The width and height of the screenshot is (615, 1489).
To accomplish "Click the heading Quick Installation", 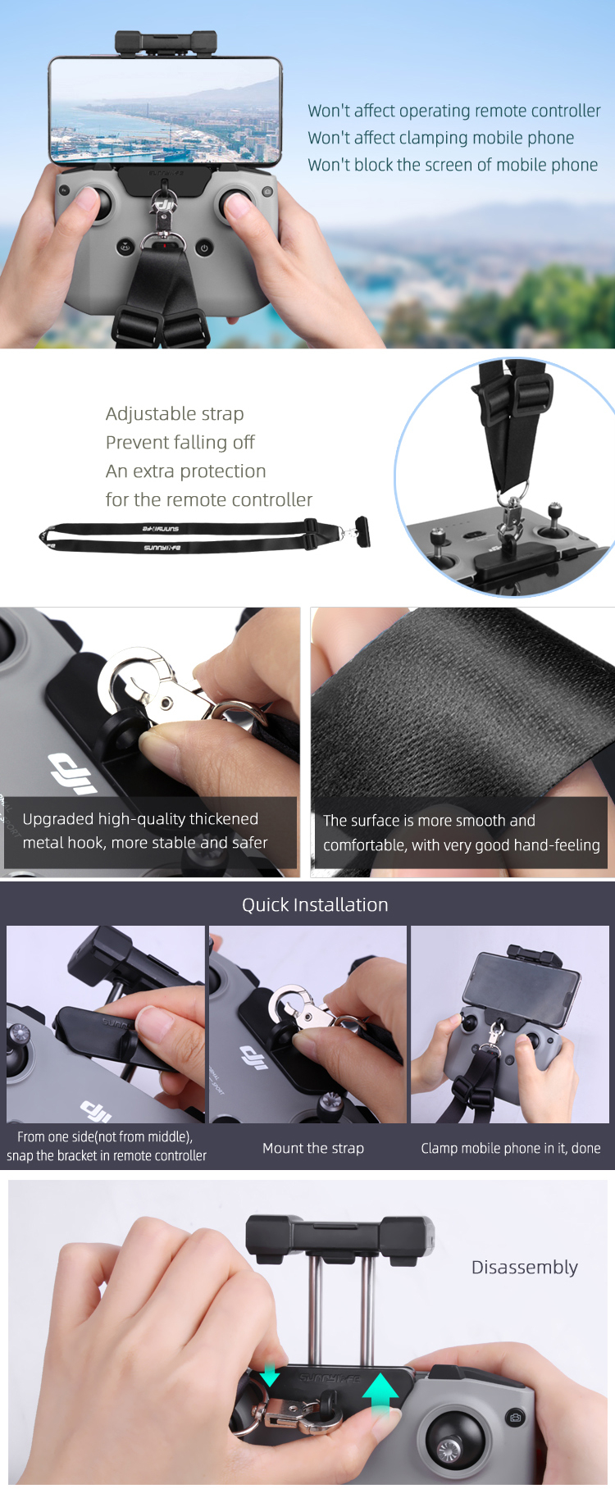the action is coord(315,904).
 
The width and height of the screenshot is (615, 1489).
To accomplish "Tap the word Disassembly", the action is coord(525,1267).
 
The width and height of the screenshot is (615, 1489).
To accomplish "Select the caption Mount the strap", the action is coord(313,1148).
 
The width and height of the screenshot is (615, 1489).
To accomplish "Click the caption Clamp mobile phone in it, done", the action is coord(511,1148).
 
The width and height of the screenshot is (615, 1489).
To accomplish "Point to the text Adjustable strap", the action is coord(175,414).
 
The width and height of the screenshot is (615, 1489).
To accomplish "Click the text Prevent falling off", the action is coord(180,443).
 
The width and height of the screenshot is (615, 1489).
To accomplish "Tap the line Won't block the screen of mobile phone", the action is coord(453,165).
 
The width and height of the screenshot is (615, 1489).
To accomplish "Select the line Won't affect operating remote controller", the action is coord(454,111).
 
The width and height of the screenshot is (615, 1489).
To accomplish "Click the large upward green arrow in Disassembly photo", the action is coord(380,1394).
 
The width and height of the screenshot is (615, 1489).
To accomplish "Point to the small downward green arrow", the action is coord(270,1373).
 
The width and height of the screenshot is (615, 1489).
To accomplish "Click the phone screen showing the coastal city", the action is coord(165,112).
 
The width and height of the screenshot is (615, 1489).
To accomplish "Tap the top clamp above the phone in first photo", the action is coord(166,43).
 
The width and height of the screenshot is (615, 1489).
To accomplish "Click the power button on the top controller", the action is coord(204,247).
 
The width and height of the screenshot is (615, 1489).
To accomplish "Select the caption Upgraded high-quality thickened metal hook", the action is coord(145,831).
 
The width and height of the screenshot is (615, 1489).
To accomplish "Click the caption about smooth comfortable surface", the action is coord(462,832).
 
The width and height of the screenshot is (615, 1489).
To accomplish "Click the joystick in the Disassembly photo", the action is coord(452,1444).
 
